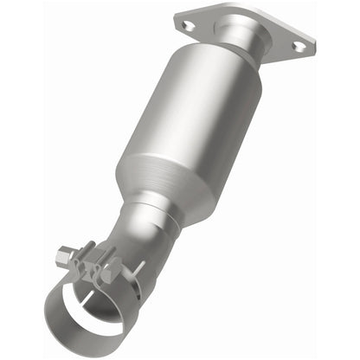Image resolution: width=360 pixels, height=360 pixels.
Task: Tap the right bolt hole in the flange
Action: (299, 46)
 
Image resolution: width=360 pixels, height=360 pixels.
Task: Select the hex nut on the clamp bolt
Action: (62, 257)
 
